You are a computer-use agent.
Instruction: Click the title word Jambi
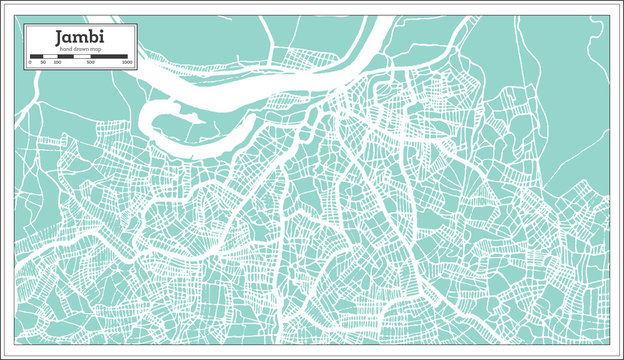(78, 37)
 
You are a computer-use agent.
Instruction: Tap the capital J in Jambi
(62, 37)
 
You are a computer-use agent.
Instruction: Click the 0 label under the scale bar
(31, 62)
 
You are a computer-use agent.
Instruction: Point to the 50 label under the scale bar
(43, 62)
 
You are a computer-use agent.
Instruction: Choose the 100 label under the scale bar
(56, 62)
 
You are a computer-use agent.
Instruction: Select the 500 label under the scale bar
(91, 62)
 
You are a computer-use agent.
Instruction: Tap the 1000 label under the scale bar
(126, 62)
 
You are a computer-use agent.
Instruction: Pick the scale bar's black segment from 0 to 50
(37, 56)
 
